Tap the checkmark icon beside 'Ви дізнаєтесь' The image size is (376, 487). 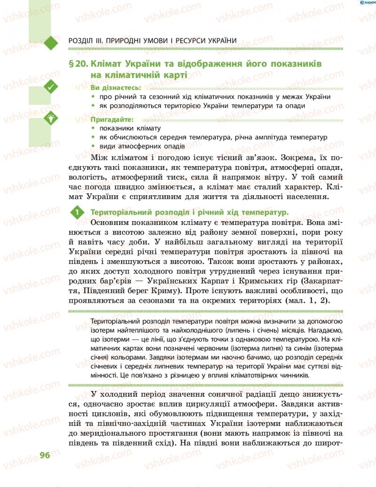click(50, 86)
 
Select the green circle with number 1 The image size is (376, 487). click(76, 213)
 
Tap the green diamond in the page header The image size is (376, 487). click(50, 41)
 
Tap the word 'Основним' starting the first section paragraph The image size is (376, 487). click(110, 223)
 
